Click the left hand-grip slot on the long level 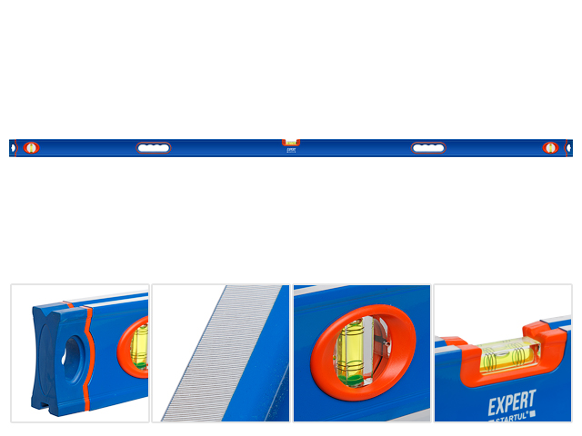[x=154, y=148]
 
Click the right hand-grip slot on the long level [x=428, y=148]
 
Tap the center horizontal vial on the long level [x=291, y=142]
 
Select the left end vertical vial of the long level [x=32, y=147]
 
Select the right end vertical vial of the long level [x=550, y=147]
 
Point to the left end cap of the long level [x=13, y=148]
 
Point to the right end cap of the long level [x=568, y=148]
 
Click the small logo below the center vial [x=291, y=151]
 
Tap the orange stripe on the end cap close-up [x=86, y=354]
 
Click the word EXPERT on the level [x=513, y=401]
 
